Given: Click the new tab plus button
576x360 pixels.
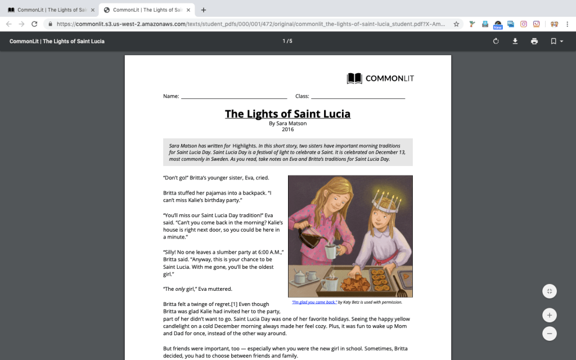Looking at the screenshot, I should pos(204,10).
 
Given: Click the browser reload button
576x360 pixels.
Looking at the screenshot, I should pos(34,24).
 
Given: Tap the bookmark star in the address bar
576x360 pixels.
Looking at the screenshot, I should pos(456,24).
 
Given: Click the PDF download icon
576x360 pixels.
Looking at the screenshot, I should pos(515,41).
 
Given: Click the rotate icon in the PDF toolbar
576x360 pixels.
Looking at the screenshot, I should pos(496,41).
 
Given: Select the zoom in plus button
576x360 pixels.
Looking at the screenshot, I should pos(550,314).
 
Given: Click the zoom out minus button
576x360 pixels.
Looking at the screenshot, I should pos(550,333).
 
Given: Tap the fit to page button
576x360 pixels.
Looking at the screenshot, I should pos(550,291).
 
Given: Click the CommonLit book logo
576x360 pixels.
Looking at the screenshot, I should pos(354,78).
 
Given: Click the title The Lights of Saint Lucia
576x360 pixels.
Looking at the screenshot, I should pos(287,114).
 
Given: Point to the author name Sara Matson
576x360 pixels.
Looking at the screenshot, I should pos(287,123).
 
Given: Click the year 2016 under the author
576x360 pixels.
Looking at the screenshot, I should pos(287,129).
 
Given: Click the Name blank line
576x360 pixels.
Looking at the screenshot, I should pos(233,97).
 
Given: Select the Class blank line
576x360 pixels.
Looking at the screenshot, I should pos(358,97).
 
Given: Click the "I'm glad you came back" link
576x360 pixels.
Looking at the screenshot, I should pos(314,302).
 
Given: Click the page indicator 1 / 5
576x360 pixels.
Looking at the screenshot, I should pos(287,41).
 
